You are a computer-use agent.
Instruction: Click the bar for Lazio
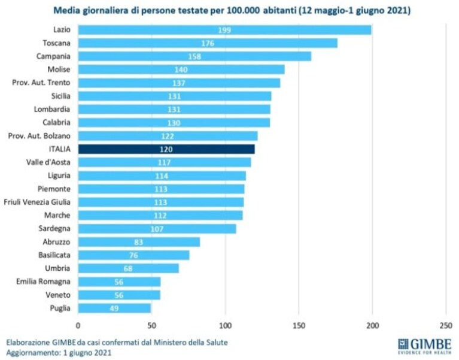click(224, 30)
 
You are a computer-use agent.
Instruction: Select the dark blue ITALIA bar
click(166, 149)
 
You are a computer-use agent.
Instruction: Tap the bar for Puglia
click(114, 308)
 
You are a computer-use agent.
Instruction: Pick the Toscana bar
click(208, 43)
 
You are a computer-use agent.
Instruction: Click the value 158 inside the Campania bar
click(194, 56)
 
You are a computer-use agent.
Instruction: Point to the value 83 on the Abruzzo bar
click(138, 242)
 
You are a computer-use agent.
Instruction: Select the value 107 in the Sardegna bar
click(157, 229)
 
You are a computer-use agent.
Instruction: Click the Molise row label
click(59, 69)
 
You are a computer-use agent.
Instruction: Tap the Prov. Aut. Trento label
click(41, 83)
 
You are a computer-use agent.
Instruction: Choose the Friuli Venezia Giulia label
click(37, 202)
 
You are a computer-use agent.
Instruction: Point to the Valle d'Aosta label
click(48, 162)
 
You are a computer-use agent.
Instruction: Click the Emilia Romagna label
click(43, 282)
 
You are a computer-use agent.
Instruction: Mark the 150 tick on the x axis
click(299, 326)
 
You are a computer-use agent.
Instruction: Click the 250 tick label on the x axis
click(446, 326)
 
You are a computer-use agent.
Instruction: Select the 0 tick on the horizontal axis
click(78, 326)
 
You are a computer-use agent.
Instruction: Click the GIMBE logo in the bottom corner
click(424, 347)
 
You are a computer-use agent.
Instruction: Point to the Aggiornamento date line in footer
click(59, 352)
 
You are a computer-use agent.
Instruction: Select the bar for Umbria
click(128, 268)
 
